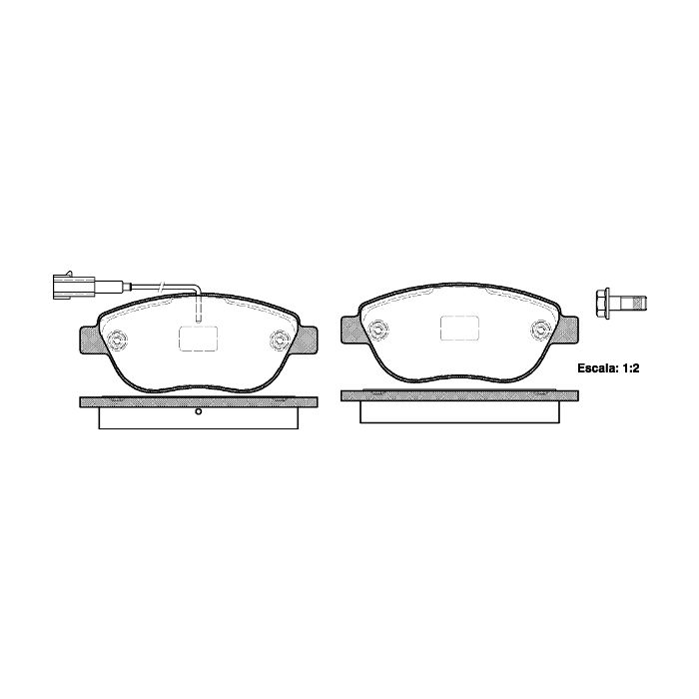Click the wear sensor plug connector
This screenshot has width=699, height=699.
(x=74, y=285)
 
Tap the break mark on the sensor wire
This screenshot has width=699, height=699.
(x=163, y=286)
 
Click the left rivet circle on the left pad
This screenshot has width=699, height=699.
(x=117, y=341)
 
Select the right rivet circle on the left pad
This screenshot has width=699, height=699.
(x=281, y=341)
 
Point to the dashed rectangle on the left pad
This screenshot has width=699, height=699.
(x=199, y=339)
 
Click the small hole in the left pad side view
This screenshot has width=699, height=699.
(x=199, y=411)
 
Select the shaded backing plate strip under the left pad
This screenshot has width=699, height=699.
(x=199, y=401)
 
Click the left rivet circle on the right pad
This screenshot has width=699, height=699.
(x=378, y=330)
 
